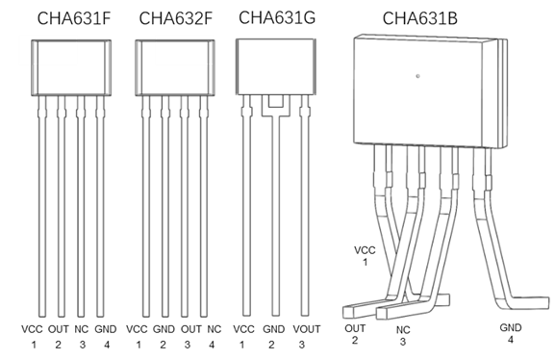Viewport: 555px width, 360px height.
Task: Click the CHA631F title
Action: point(74,18)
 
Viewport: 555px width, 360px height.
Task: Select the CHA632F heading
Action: point(176,18)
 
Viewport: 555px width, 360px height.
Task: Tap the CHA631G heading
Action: point(277,17)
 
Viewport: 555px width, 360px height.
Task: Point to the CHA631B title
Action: point(419,18)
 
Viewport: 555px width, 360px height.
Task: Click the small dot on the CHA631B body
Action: point(418,76)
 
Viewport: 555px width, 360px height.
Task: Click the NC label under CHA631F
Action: point(81,329)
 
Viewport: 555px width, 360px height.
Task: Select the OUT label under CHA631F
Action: point(59,329)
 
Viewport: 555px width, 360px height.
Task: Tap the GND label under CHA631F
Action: point(106,329)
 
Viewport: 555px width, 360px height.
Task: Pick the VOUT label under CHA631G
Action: point(307,329)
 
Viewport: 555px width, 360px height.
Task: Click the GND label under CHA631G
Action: point(273,329)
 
